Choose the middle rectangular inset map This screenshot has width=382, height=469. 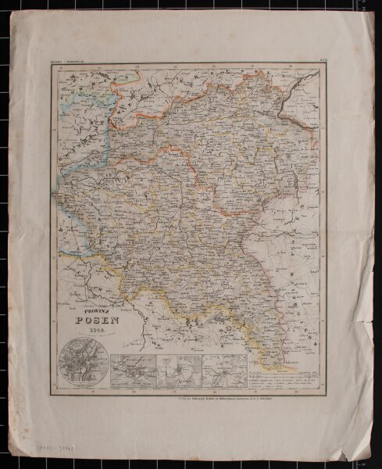point(179,370)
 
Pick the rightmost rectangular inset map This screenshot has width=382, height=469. point(225,370)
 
